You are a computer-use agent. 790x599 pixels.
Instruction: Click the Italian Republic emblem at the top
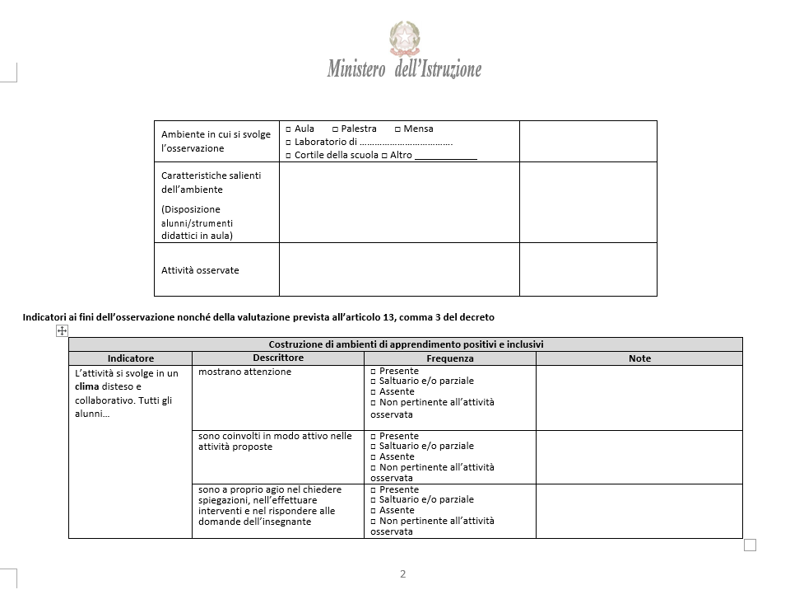coord(404,38)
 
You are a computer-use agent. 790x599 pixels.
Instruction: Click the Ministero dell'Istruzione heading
coord(404,69)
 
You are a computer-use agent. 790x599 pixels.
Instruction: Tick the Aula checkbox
coord(288,129)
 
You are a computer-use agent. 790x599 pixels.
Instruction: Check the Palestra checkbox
coord(336,129)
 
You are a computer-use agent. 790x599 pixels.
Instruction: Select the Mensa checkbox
coord(397,129)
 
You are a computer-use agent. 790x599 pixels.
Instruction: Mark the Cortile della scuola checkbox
coord(288,156)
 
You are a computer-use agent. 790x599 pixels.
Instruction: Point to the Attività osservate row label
coord(200,270)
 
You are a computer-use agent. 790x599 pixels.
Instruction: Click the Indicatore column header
coord(130,358)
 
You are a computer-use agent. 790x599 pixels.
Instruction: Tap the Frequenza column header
coord(449,358)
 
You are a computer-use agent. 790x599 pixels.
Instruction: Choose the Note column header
coord(639,358)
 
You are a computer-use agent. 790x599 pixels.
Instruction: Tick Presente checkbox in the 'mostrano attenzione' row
coord(374,372)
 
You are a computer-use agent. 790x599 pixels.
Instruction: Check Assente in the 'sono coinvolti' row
coord(374,457)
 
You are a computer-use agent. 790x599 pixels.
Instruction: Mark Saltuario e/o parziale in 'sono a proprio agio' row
coord(374,500)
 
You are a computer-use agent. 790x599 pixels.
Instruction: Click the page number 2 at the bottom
coord(402,574)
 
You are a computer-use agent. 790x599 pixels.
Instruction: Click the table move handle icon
coord(61,330)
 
